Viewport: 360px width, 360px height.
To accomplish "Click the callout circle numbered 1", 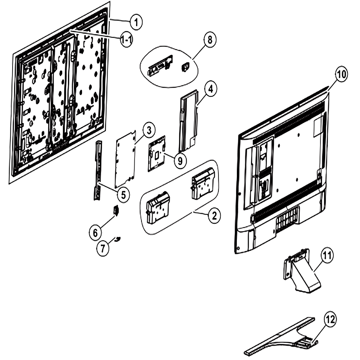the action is [x=136, y=22].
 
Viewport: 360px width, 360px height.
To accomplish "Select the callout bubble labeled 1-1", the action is [x=126, y=40].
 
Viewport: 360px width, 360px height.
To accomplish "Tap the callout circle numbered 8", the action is [x=210, y=40].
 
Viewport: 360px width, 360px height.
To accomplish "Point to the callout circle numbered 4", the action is [x=211, y=89].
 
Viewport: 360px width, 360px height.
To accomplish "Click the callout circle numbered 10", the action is [x=341, y=74].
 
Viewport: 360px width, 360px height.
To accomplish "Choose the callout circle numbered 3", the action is [x=149, y=130].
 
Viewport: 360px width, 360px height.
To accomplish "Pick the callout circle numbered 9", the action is [x=180, y=161].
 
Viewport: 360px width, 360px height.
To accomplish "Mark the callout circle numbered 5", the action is [x=123, y=195].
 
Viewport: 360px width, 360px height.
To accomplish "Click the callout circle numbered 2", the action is [x=214, y=216].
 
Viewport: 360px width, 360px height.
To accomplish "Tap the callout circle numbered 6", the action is [x=95, y=233].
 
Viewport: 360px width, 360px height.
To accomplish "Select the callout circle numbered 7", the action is [x=103, y=248].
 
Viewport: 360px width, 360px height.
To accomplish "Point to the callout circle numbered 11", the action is [x=327, y=255].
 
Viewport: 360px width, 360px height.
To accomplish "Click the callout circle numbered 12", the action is [x=330, y=319].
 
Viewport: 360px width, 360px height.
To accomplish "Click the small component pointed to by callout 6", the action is [x=116, y=210].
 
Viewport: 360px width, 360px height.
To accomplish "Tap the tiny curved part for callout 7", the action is [x=118, y=239].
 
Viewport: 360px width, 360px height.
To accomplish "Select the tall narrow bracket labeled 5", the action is [x=98, y=170].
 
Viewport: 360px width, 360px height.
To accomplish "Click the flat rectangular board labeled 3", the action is [x=126, y=159].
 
